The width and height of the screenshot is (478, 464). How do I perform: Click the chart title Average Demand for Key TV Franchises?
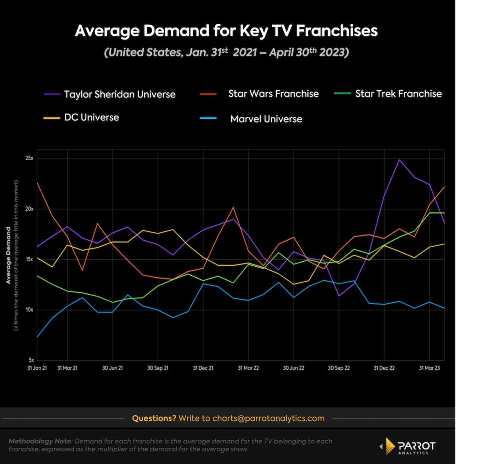pyautogui.click(x=226, y=31)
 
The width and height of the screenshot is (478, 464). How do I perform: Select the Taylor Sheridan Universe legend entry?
pyautogui.click(x=119, y=94)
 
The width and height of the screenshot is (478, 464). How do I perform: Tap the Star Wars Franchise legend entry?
pyautogui.click(x=273, y=94)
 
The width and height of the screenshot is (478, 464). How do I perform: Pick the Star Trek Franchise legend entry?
pyautogui.click(x=398, y=94)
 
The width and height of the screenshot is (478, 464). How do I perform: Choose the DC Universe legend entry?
pyautogui.click(x=91, y=117)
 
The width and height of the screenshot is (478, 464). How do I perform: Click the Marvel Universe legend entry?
pyautogui.click(x=266, y=119)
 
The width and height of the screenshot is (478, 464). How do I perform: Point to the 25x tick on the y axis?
pyautogui.click(x=29, y=159)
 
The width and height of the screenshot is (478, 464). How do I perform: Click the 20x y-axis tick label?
pyautogui.click(x=29, y=209)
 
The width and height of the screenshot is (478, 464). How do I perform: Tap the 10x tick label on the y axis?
pyautogui.click(x=29, y=310)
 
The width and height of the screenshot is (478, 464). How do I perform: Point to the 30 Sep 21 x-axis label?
pyautogui.click(x=158, y=368)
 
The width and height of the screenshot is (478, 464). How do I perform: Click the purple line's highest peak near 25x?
pyautogui.click(x=399, y=160)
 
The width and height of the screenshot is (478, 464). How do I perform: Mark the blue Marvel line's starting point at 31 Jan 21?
pyautogui.click(x=37, y=337)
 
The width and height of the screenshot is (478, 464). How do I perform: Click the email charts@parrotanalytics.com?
pyautogui.click(x=268, y=418)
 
